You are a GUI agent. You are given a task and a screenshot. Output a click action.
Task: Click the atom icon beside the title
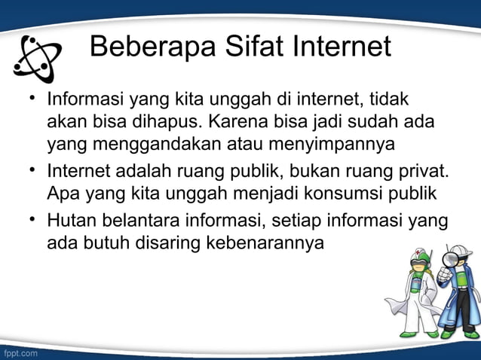click(38, 57)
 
